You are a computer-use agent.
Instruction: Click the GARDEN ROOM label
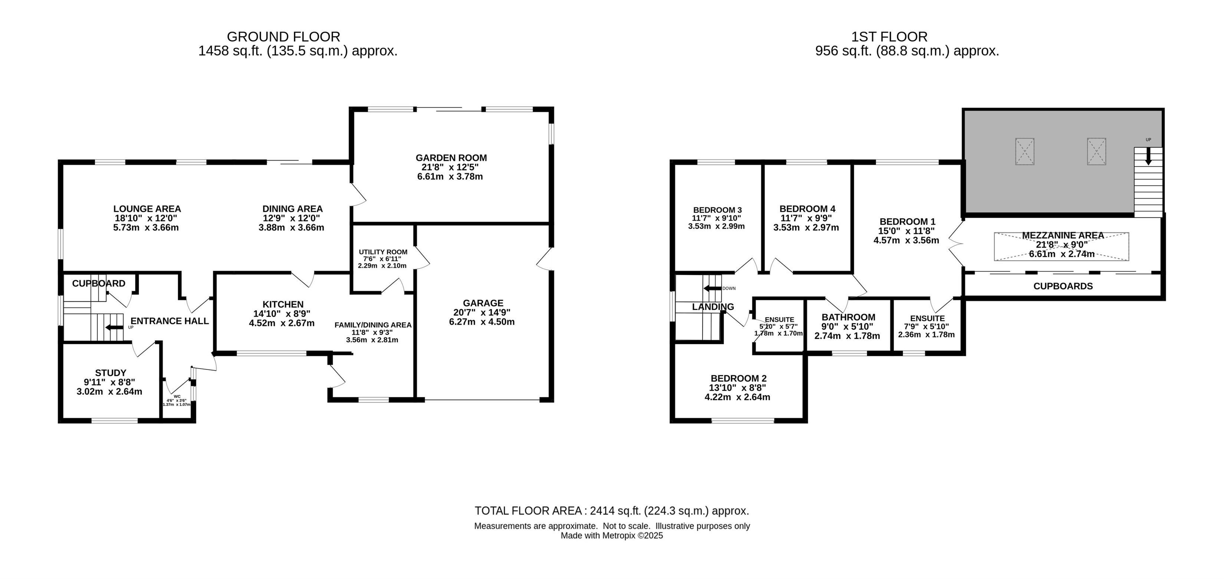click(x=451, y=158)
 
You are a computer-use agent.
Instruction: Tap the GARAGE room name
click(x=483, y=303)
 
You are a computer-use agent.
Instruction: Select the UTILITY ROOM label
click(x=383, y=252)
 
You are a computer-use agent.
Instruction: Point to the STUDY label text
click(x=110, y=373)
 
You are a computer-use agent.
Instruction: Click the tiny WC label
click(x=177, y=396)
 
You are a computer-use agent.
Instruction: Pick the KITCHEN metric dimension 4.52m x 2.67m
click(x=282, y=323)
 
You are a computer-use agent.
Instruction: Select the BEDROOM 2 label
click(x=738, y=378)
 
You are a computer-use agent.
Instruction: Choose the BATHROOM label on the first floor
click(x=848, y=317)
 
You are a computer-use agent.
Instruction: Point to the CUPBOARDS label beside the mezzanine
click(x=1063, y=286)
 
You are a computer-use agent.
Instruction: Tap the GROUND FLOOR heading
click(x=283, y=37)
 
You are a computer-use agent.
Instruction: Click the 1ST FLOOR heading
click(x=889, y=37)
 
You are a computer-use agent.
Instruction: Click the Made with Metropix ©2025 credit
click(x=612, y=536)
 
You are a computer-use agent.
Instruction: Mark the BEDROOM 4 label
click(x=807, y=209)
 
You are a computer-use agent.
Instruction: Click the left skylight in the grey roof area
click(x=1025, y=152)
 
